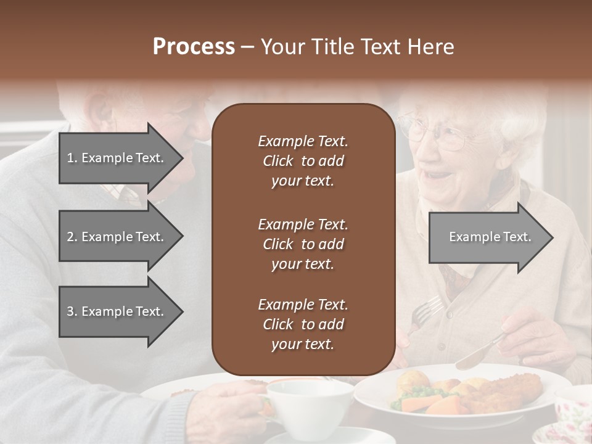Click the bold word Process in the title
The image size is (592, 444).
pos(194,47)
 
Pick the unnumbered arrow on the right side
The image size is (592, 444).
pos(490,237)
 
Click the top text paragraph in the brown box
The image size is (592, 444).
pos(303,161)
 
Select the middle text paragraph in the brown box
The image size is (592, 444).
pos(303,244)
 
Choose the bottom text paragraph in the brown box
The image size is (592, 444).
pos(303,324)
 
